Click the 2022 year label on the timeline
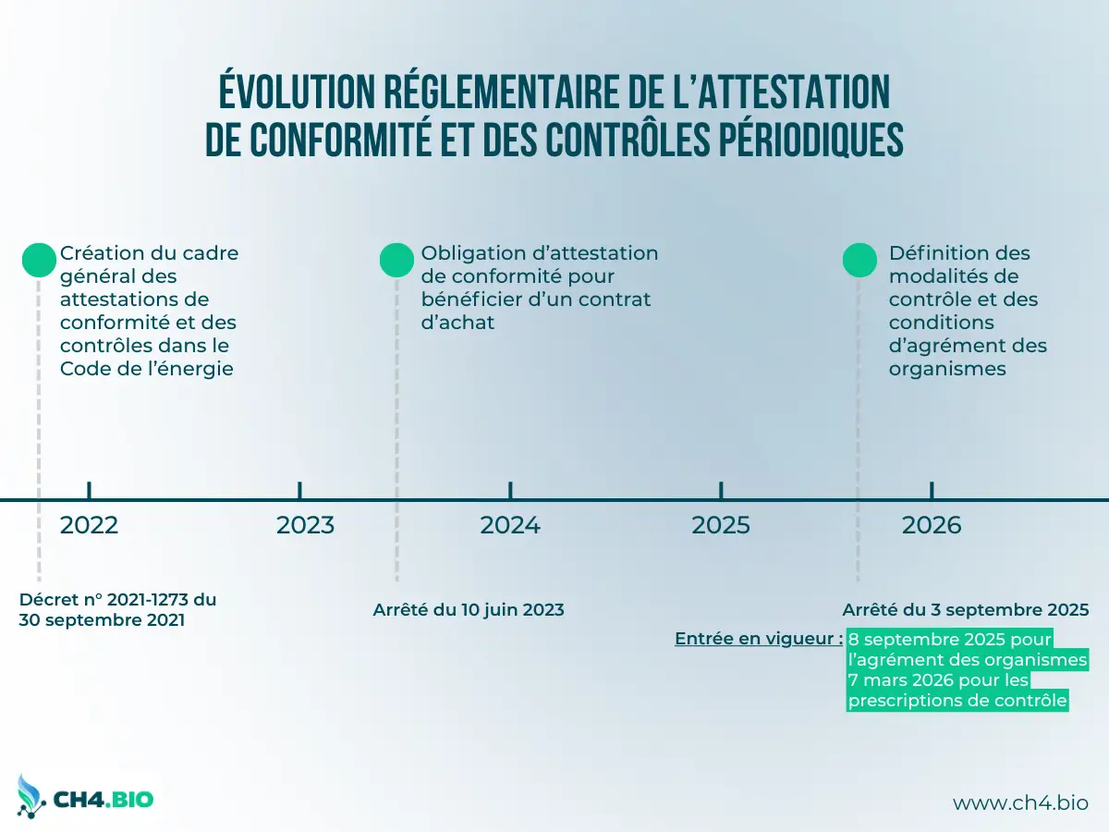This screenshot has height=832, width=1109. point(89,525)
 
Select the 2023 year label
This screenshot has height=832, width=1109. point(305,525)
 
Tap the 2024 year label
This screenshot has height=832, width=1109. point(510,525)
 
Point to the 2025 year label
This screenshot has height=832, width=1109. point(721,525)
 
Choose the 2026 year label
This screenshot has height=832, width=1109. point(932,525)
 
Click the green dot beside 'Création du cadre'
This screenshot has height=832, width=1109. point(39,260)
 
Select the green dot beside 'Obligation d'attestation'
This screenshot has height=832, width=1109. point(396,260)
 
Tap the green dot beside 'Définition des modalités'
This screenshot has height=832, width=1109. point(859,260)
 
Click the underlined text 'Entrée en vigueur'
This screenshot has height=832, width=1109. point(759,639)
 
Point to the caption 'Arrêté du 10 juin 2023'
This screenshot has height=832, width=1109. point(469,610)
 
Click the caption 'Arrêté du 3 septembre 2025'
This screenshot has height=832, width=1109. point(966,610)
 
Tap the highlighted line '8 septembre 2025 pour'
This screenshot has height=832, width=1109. point(950,639)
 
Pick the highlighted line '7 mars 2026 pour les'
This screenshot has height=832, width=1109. point(938,680)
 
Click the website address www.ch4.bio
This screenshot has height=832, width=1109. point(1020,802)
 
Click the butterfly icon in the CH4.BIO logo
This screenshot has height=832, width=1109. point(30,797)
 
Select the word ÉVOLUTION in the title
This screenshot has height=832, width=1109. point(297,92)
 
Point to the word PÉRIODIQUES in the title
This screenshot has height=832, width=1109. point(811,139)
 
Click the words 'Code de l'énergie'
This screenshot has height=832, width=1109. point(147,369)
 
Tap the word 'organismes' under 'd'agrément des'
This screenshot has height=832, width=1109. point(947,369)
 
